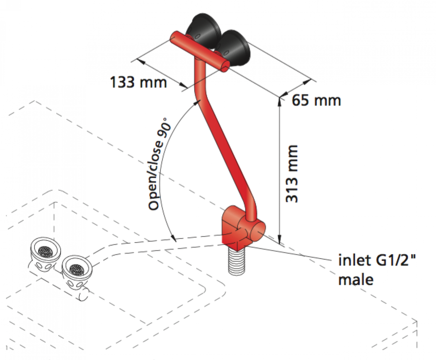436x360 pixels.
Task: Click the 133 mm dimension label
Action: click(x=138, y=82)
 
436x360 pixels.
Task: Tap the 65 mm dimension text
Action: click(x=316, y=100)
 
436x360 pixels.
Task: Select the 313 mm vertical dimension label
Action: click(x=292, y=174)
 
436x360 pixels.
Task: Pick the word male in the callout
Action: click(x=356, y=280)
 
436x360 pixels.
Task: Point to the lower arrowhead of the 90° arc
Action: click(x=173, y=239)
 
